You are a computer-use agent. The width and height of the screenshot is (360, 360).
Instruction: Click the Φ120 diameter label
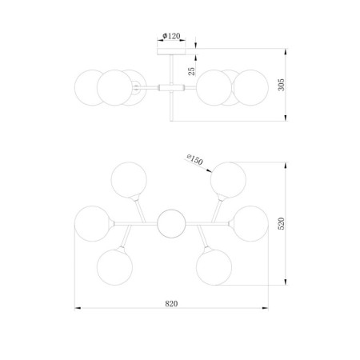(x=171, y=36)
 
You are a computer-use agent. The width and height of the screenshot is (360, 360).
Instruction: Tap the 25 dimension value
(x=192, y=71)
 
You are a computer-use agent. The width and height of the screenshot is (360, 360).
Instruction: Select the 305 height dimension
(x=282, y=85)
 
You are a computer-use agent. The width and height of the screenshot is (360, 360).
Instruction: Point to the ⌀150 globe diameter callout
(x=195, y=160)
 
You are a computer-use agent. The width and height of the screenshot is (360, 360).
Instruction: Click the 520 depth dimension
(x=282, y=223)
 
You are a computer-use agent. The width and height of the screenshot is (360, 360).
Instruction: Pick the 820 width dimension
(x=171, y=304)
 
